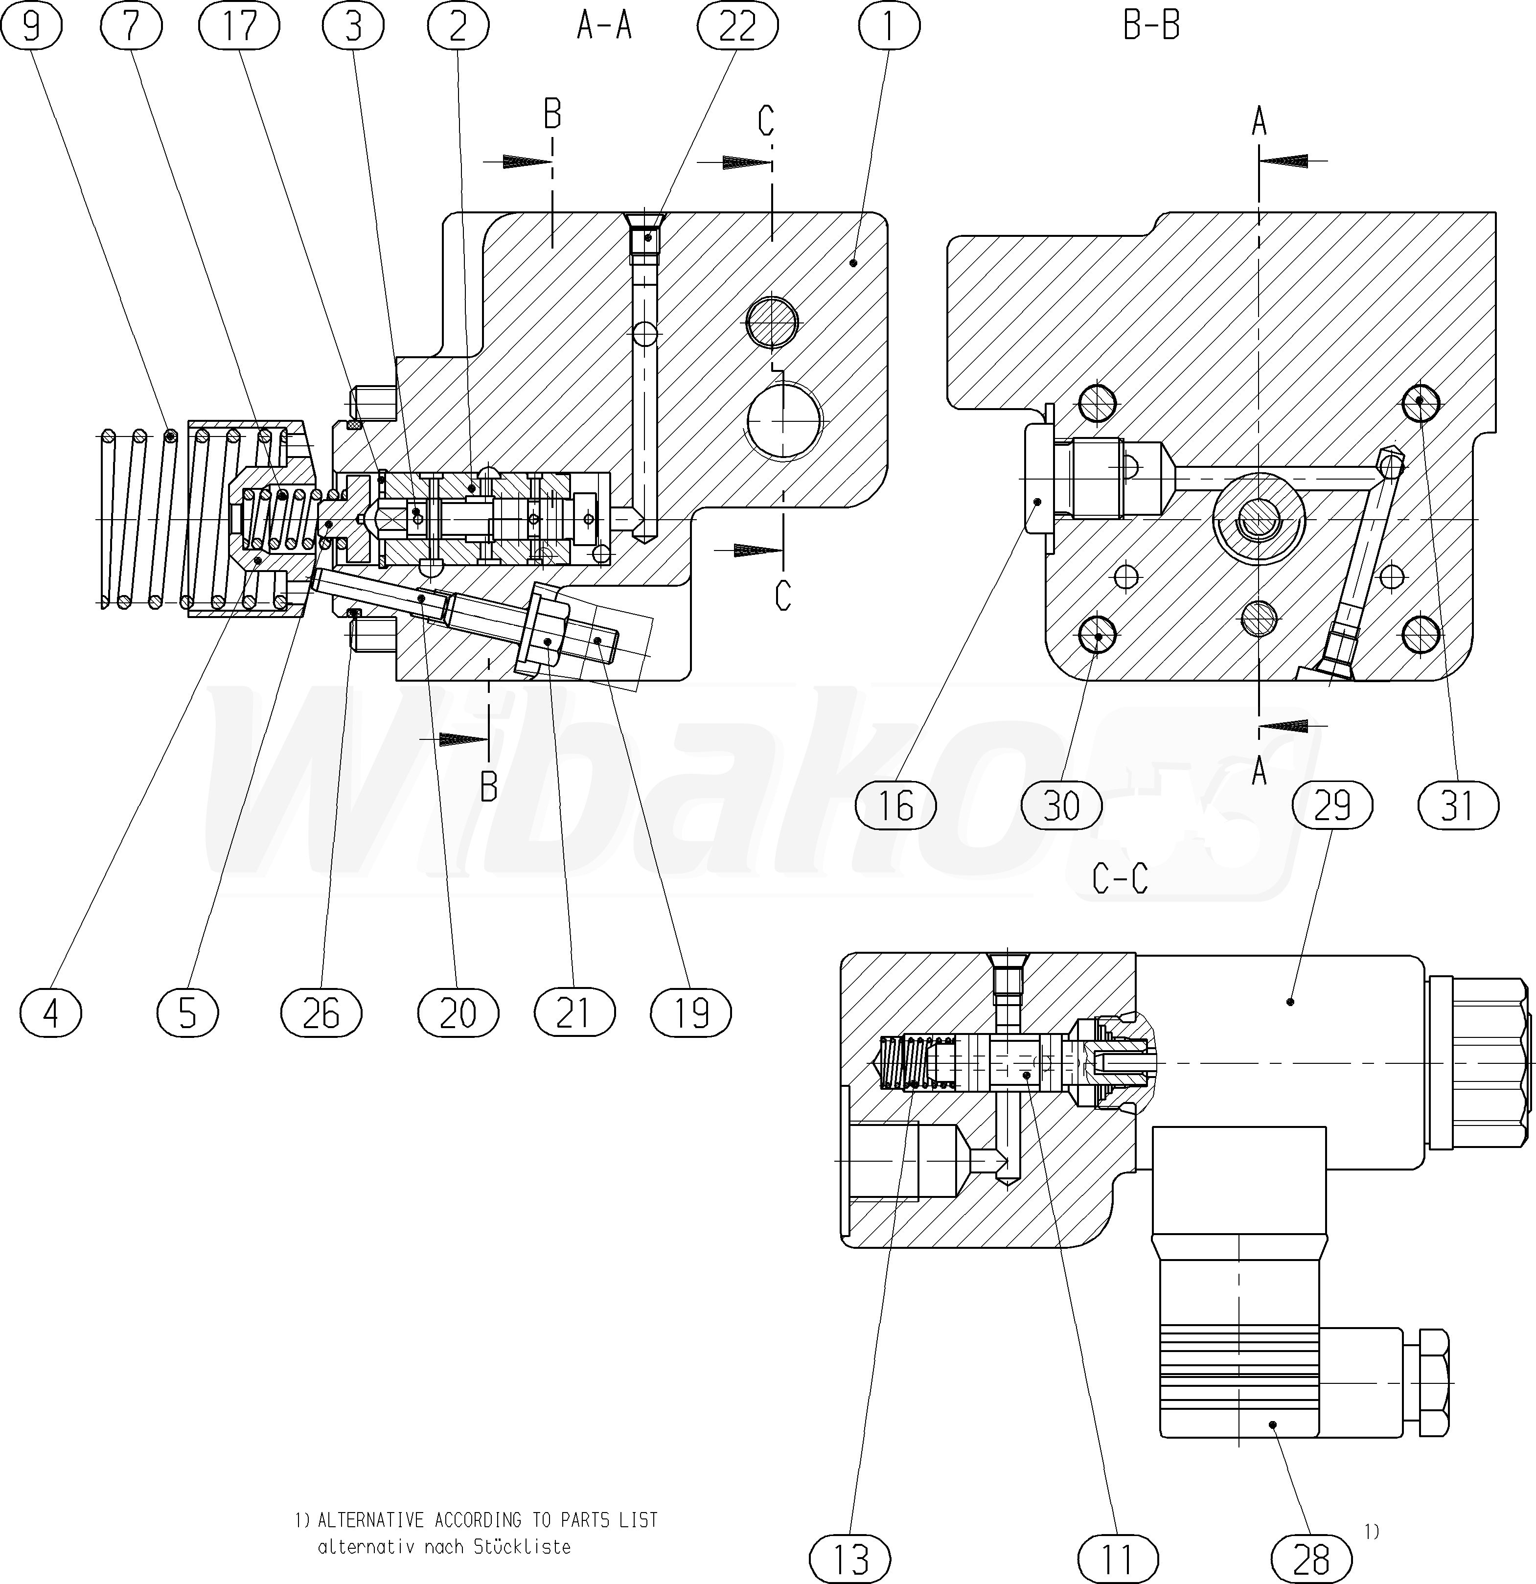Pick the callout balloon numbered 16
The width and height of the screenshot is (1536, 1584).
pos(895,806)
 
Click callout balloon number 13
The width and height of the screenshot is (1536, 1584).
pos(850,1559)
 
